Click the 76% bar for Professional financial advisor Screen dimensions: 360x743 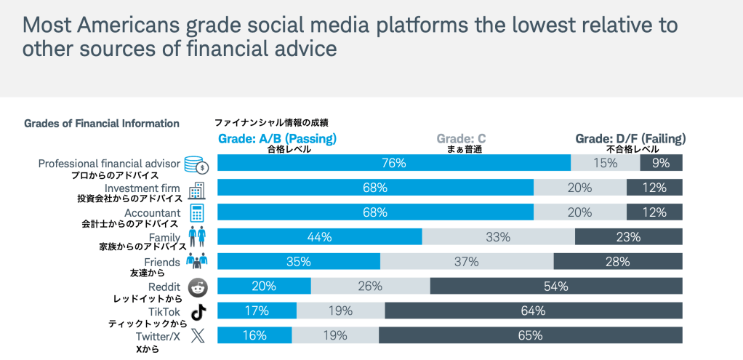click(x=394, y=163)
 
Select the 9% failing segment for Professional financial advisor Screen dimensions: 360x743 click(x=661, y=163)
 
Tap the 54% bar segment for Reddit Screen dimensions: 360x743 click(x=556, y=286)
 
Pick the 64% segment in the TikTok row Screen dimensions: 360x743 click(x=534, y=311)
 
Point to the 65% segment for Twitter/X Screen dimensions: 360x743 click(x=531, y=335)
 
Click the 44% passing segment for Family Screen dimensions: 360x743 click(x=320, y=237)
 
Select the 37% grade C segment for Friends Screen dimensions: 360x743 click(x=467, y=261)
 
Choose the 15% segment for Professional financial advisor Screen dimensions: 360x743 click(x=605, y=163)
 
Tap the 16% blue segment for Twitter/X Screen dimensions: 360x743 click(x=254, y=335)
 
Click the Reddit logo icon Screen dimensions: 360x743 click(x=197, y=287)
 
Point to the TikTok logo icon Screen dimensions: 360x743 click(x=197, y=312)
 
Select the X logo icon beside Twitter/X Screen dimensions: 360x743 click(x=197, y=336)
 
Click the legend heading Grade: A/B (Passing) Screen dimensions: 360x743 click(x=277, y=138)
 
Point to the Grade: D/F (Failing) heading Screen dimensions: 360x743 click(x=630, y=138)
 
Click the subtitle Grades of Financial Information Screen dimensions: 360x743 click(x=102, y=124)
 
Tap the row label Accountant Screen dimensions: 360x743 click(x=153, y=213)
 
